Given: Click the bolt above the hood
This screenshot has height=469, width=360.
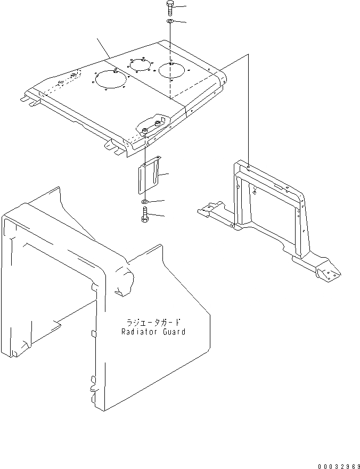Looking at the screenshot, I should (169, 7).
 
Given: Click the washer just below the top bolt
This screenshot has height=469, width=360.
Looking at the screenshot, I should (169, 21).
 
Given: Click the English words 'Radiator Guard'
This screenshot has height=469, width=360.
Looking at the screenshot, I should (153, 332).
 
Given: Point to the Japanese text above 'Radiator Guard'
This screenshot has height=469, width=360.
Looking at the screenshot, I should (153, 322).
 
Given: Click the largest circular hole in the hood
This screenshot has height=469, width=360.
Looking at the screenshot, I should (109, 80).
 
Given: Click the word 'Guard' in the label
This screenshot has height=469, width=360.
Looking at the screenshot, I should (173, 332).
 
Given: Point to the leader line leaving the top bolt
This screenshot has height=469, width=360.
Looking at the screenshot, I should (179, 7).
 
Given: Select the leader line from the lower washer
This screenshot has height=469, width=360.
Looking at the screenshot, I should (157, 201).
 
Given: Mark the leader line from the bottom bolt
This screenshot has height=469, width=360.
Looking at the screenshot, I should (157, 216).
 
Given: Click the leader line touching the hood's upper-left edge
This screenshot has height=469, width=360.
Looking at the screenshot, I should (103, 47).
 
